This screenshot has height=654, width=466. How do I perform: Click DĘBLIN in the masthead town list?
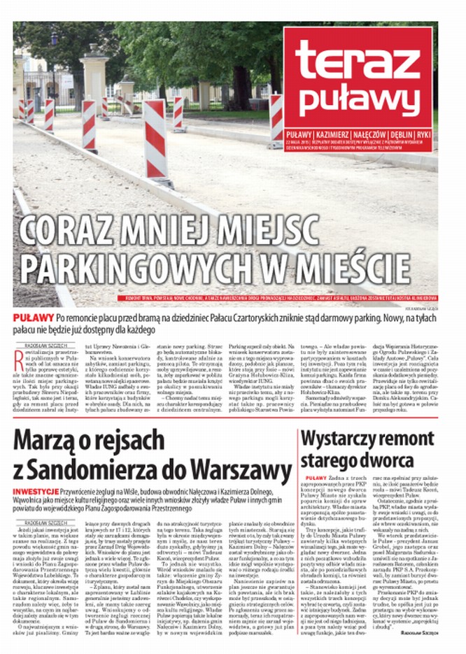tap(397, 134)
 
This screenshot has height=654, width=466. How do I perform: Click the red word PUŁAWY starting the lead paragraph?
tap(29, 317)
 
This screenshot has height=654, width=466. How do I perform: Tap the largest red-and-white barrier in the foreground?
tap(157, 140)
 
